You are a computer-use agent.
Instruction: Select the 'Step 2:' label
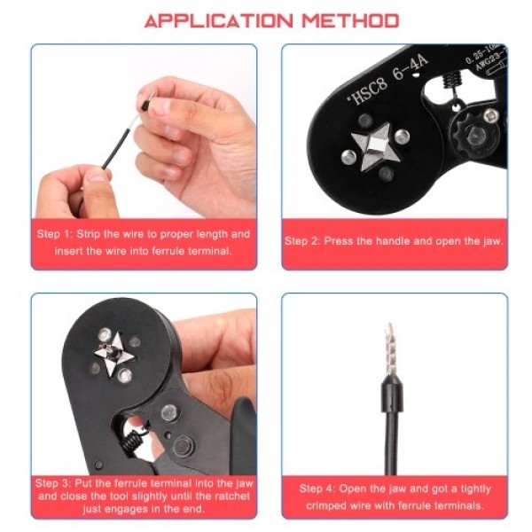(304, 241)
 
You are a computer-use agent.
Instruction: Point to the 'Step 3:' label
(54, 483)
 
